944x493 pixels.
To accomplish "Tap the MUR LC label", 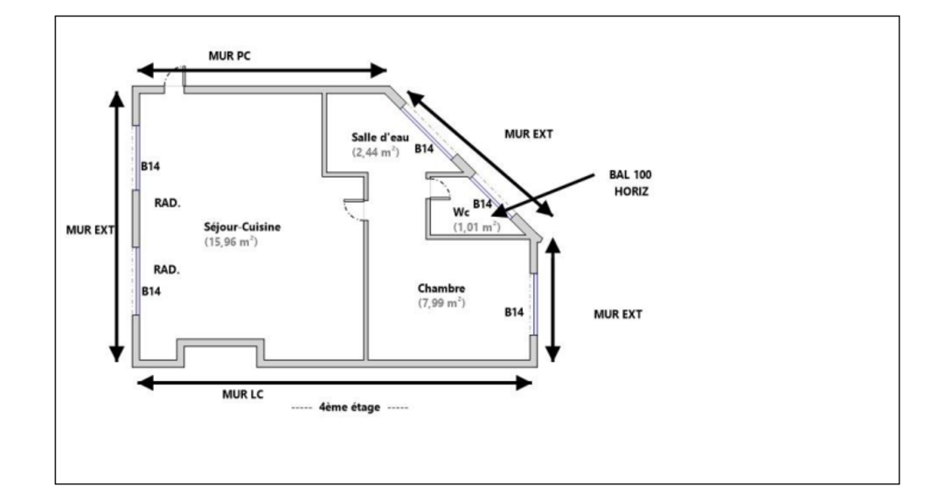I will pos(244,394).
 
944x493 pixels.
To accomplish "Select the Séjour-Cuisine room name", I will pos(242,227).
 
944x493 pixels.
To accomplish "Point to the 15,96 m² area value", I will pos(231,241).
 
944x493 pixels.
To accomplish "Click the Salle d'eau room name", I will pos(380,137).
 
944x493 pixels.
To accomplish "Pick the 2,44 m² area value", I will pos(376,151).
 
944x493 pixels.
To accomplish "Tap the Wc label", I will pos(461,212).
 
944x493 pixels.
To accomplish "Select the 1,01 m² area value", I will pos(476,226).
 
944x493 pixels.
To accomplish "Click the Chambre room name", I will pos(441,288).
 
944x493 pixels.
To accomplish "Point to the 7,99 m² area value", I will pos(441,302).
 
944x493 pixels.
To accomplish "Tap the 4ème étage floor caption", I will pos(350,407).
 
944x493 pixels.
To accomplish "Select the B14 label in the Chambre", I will pos(515,311).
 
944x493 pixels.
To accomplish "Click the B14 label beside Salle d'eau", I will pos(424,149).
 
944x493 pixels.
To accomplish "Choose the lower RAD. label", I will pos(167,269).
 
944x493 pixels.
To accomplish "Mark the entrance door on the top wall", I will pos(175,78).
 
